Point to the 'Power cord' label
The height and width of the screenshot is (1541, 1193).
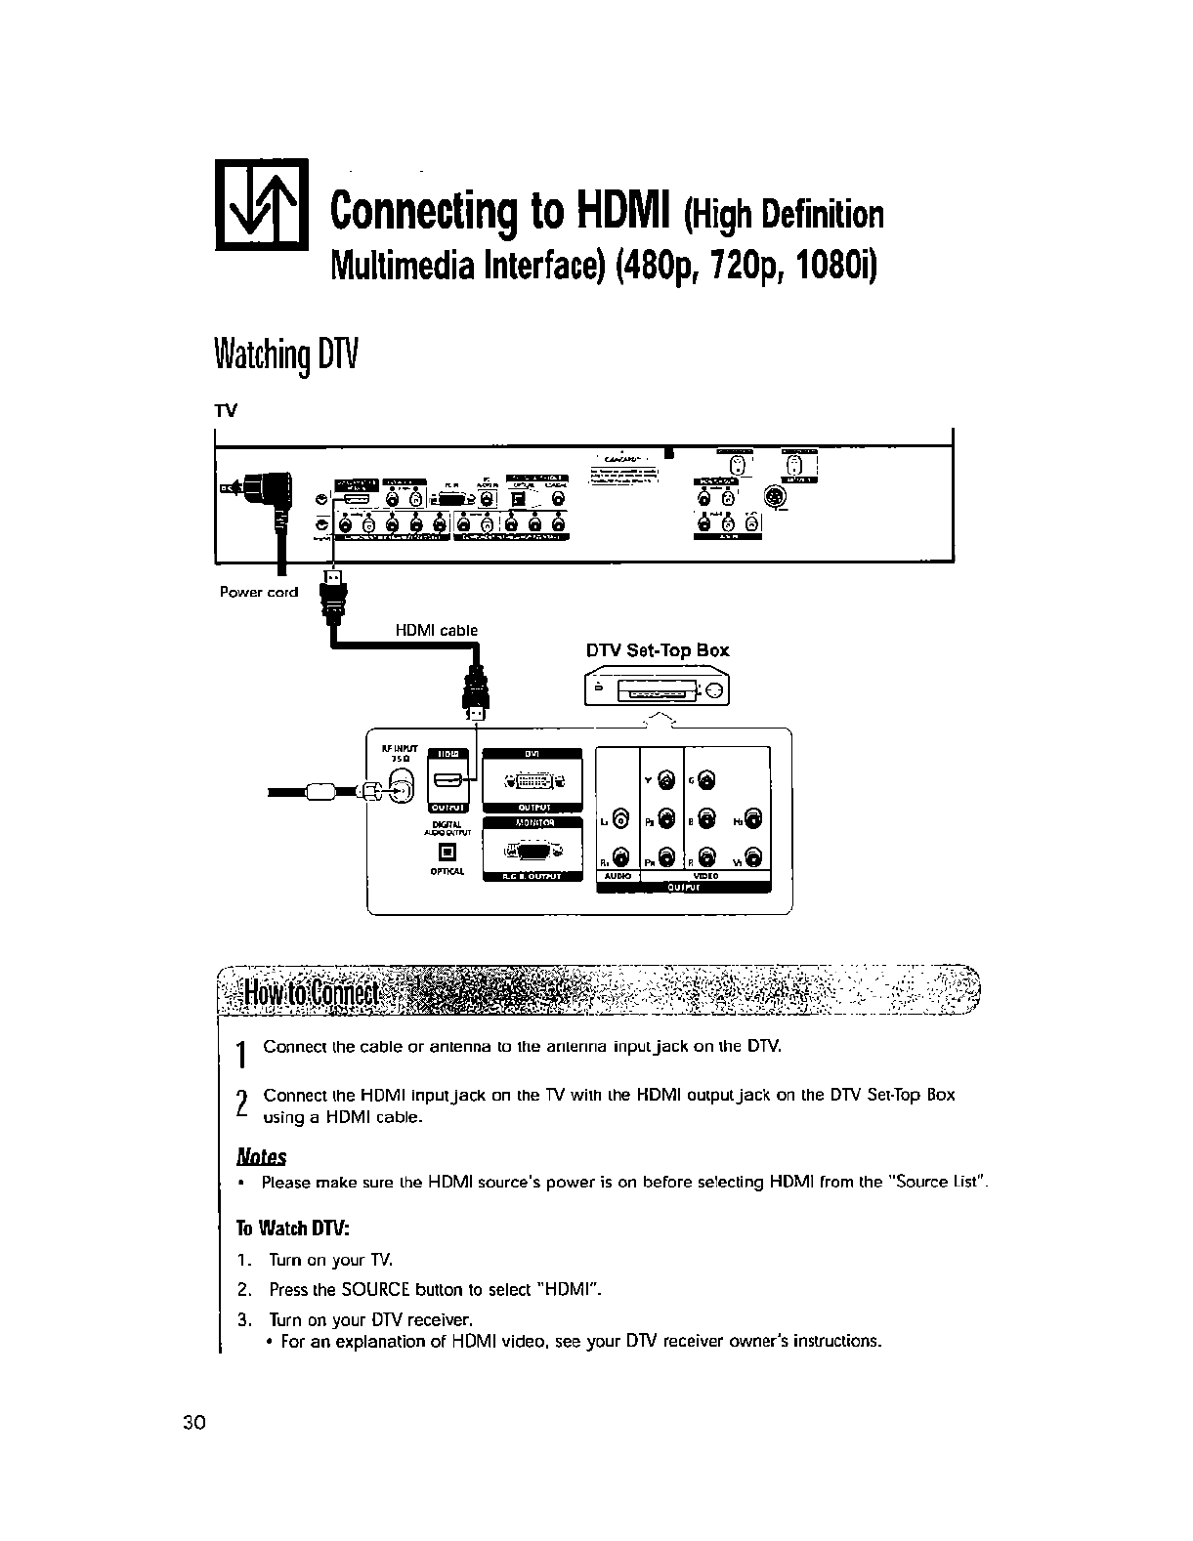click(259, 593)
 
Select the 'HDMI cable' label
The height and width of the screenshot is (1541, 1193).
click(436, 631)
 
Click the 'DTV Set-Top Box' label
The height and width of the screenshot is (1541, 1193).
click(657, 650)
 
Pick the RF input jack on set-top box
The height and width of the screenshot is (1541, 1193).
click(401, 783)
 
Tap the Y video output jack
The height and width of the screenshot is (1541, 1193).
click(666, 778)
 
